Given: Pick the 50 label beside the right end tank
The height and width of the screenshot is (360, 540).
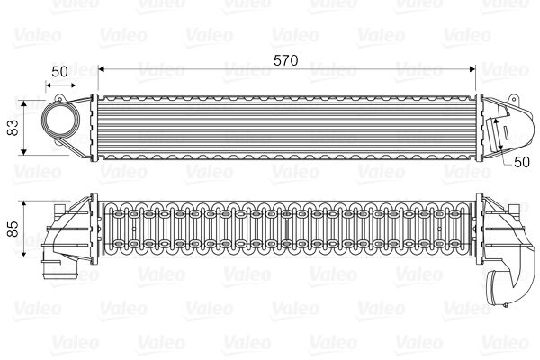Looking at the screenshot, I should [520, 161].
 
